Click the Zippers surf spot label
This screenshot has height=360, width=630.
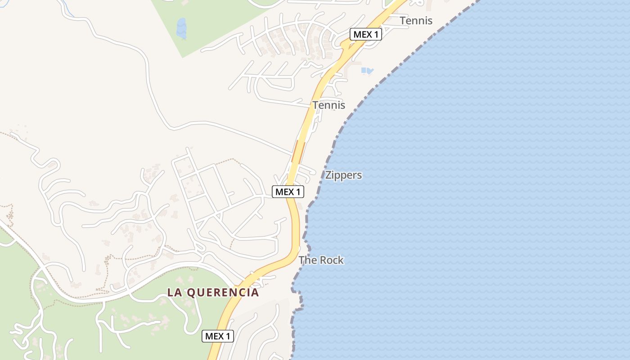pyautogui.click(x=343, y=175)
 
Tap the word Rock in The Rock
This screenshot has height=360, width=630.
pyautogui.click(x=331, y=260)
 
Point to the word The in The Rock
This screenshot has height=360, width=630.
pyautogui.click(x=307, y=260)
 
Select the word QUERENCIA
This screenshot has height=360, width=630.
pyautogui.click(x=223, y=292)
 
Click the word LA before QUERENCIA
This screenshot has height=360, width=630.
pyautogui.click(x=174, y=292)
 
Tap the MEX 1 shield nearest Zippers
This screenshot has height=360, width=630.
pyautogui.click(x=288, y=192)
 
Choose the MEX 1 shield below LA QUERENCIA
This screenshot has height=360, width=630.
pyautogui.click(x=218, y=336)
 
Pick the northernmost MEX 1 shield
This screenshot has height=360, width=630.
pyautogui.click(x=366, y=34)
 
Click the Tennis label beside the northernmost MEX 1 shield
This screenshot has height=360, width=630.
pyautogui.click(x=416, y=21)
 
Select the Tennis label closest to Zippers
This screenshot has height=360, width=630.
pyautogui.click(x=329, y=105)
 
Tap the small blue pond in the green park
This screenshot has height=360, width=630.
pyautogui.click(x=181, y=28)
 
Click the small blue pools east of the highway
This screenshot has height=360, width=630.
pyautogui.click(x=367, y=71)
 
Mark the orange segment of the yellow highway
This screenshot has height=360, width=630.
pyautogui.click(x=297, y=153)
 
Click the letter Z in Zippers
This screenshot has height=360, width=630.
pyautogui.click(x=328, y=175)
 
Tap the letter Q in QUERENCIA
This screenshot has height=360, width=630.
pyautogui.click(x=190, y=292)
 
